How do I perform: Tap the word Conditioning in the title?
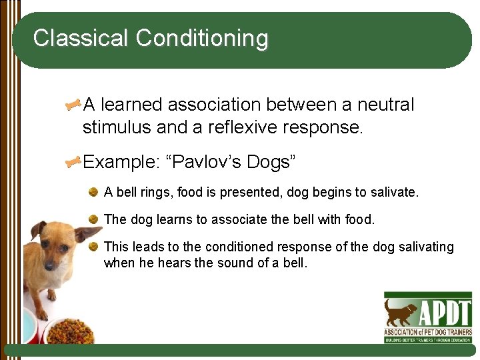click(x=202, y=39)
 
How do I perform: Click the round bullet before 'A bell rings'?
click(x=95, y=192)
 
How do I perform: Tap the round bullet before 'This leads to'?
click(x=95, y=246)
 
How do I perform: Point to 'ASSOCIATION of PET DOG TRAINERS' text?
click(x=427, y=331)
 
